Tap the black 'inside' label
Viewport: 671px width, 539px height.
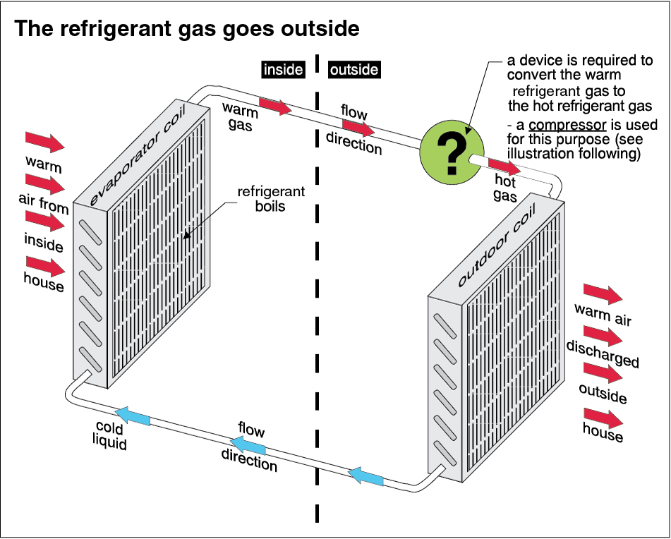[x=282, y=70]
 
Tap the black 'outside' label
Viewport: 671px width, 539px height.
[x=353, y=70]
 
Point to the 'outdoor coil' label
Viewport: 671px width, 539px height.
[x=497, y=245]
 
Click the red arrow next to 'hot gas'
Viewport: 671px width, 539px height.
[x=504, y=168]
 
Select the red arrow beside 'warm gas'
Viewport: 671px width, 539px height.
[x=274, y=107]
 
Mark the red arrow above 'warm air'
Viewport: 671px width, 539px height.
[x=603, y=294]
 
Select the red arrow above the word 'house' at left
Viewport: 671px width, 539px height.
[x=45, y=267]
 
